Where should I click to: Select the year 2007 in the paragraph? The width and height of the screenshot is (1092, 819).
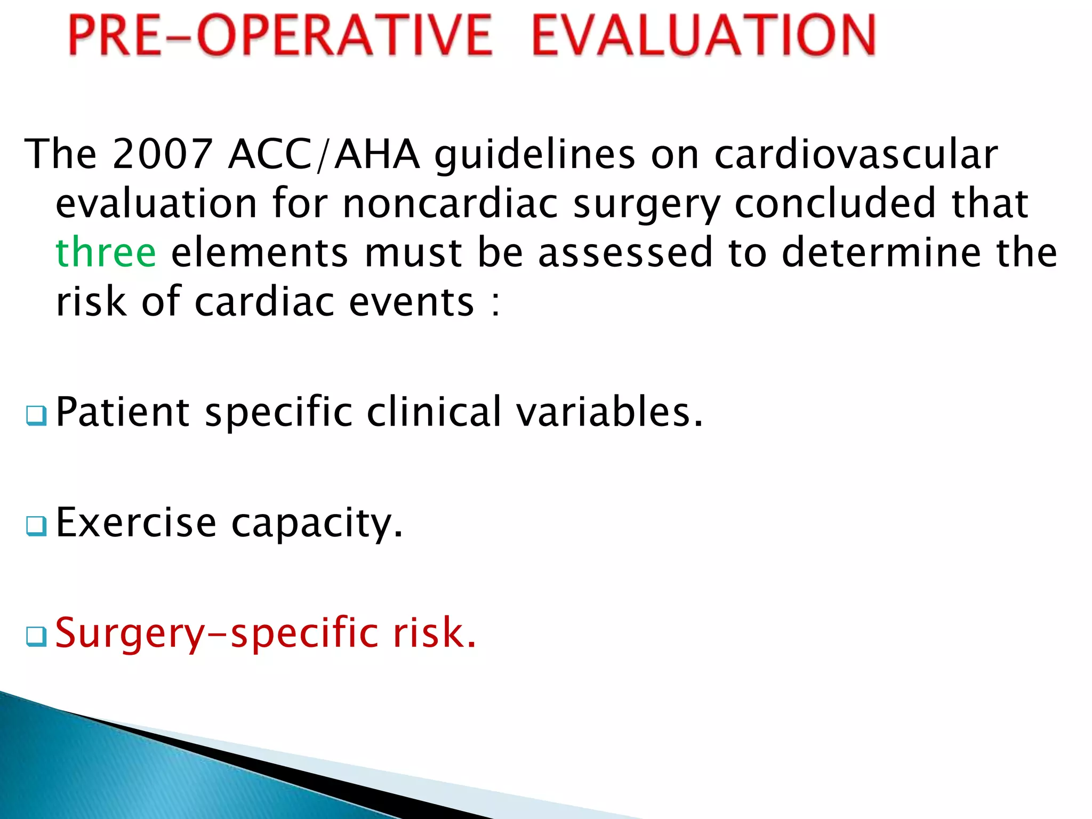(x=162, y=154)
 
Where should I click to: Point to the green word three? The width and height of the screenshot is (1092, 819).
(x=106, y=253)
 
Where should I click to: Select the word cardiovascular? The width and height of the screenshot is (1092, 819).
(x=855, y=154)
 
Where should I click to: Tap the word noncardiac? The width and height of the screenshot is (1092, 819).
(x=450, y=204)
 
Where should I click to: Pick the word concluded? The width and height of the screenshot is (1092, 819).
(x=836, y=204)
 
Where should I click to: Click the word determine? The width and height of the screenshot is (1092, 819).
(x=880, y=253)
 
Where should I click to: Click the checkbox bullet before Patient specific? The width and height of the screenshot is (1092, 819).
(x=36, y=415)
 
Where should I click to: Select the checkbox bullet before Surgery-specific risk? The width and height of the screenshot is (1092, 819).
(x=36, y=636)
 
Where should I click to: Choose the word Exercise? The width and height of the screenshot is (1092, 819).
(x=136, y=523)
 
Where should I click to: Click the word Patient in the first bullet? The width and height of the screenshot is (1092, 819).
(x=123, y=412)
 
